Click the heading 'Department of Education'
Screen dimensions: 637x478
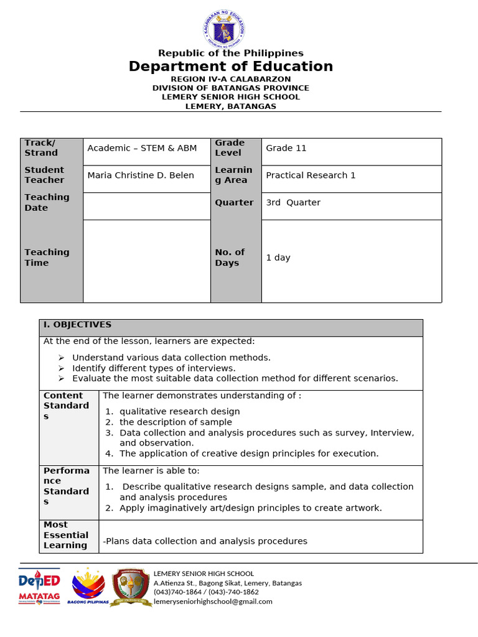coord(231,67)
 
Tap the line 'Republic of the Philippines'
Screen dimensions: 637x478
coord(231,53)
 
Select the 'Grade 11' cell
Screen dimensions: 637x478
coord(286,148)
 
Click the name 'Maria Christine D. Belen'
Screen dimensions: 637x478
coord(141,175)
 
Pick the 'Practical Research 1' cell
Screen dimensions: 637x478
coord(311,175)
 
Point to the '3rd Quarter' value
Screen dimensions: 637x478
coord(293,203)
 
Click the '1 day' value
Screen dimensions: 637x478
coord(278,258)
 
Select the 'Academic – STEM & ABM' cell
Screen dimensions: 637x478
coord(142,148)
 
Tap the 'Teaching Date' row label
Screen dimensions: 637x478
coord(47,203)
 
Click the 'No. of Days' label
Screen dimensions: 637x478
coord(230,258)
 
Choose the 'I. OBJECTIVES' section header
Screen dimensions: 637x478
coord(77,325)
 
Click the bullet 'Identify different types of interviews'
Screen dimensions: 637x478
coord(154,368)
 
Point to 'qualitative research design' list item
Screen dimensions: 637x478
coord(179,412)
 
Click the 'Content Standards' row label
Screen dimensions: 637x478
coord(66,406)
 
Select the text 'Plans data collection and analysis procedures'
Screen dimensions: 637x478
coord(205,541)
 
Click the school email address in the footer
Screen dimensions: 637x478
coord(213,602)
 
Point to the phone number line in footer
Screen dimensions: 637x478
coord(206,592)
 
